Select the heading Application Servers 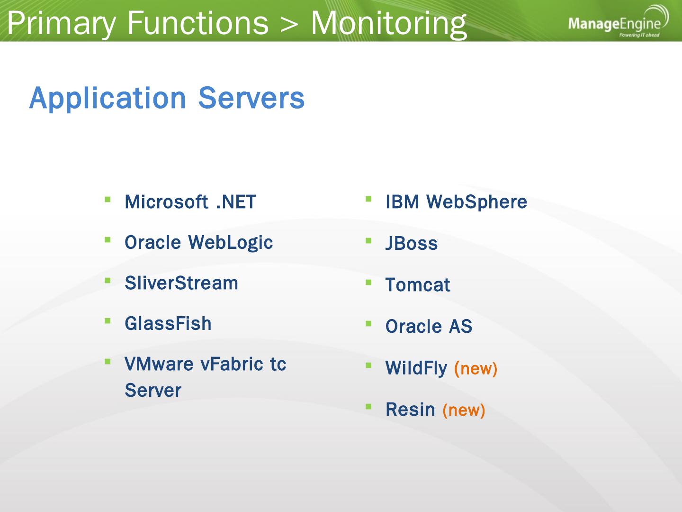click(167, 98)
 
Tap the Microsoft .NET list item click(190, 202)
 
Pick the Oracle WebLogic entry click(198, 243)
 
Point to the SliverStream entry click(181, 283)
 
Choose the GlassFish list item click(168, 324)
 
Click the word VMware click(159, 364)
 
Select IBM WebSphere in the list click(456, 202)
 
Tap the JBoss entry click(412, 244)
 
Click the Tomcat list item click(418, 285)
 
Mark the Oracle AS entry click(429, 327)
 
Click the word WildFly click(416, 368)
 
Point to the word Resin click(410, 410)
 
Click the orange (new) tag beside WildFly click(476, 368)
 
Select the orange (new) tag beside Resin click(464, 410)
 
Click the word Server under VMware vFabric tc click(153, 391)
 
